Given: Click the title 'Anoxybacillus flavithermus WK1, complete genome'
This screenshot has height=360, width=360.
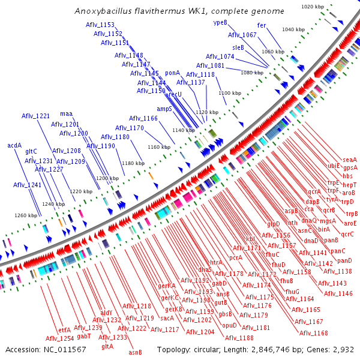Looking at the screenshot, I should (x=179, y=11).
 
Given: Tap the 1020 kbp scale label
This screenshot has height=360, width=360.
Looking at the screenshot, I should (x=312, y=7).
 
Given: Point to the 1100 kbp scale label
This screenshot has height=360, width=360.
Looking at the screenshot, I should (x=230, y=93).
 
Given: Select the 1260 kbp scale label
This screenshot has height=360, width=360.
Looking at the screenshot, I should (x=25, y=215).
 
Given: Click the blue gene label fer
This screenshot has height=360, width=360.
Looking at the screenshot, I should (x=262, y=25).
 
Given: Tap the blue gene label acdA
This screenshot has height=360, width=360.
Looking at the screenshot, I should (x=14, y=145).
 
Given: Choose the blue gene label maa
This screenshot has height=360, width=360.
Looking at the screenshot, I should (x=66, y=113).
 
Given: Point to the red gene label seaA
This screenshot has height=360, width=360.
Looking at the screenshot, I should (x=350, y=159).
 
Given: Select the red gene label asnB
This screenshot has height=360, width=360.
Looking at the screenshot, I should (x=135, y=352).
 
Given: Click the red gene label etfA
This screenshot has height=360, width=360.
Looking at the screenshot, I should (x=64, y=330).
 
